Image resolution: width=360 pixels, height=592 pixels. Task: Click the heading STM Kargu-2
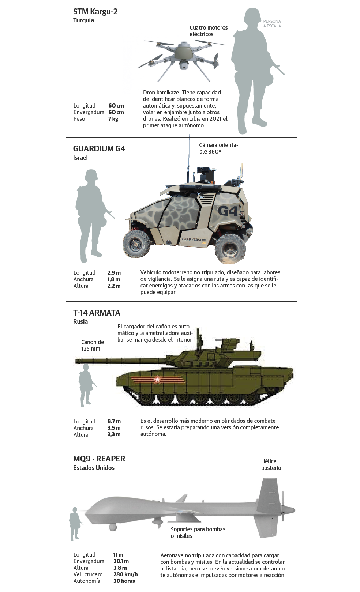pyautogui.click(x=95, y=12)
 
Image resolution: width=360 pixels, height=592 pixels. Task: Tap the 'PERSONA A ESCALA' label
pyautogui.click(x=272, y=23)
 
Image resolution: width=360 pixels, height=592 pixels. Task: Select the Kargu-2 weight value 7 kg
pyautogui.click(x=113, y=119)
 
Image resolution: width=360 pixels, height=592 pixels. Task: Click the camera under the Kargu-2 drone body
pyautogui.click(x=183, y=65)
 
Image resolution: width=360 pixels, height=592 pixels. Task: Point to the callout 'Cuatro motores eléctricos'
pyautogui.click(x=209, y=31)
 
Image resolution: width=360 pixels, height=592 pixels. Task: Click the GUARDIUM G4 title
pyautogui.click(x=99, y=148)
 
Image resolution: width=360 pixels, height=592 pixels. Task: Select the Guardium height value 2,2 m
pyautogui.click(x=114, y=286)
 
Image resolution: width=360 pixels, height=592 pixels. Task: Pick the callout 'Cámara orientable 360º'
pyautogui.click(x=218, y=148)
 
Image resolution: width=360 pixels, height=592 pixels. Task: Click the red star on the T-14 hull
pyautogui.click(x=157, y=380)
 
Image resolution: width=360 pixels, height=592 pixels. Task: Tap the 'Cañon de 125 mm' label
pyautogui.click(x=92, y=345)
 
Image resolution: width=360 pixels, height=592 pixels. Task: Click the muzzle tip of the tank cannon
pyautogui.click(x=76, y=361)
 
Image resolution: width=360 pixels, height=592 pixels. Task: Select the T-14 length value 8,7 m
pyautogui.click(x=114, y=421)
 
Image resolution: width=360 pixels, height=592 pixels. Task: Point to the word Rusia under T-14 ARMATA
pyautogui.click(x=80, y=322)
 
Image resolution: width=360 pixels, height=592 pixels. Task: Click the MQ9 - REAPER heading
pyautogui.click(x=99, y=459)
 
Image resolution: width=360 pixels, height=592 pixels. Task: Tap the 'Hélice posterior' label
pyautogui.click(x=272, y=464)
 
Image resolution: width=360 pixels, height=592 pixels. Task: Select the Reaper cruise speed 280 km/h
pyautogui.click(x=125, y=574)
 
